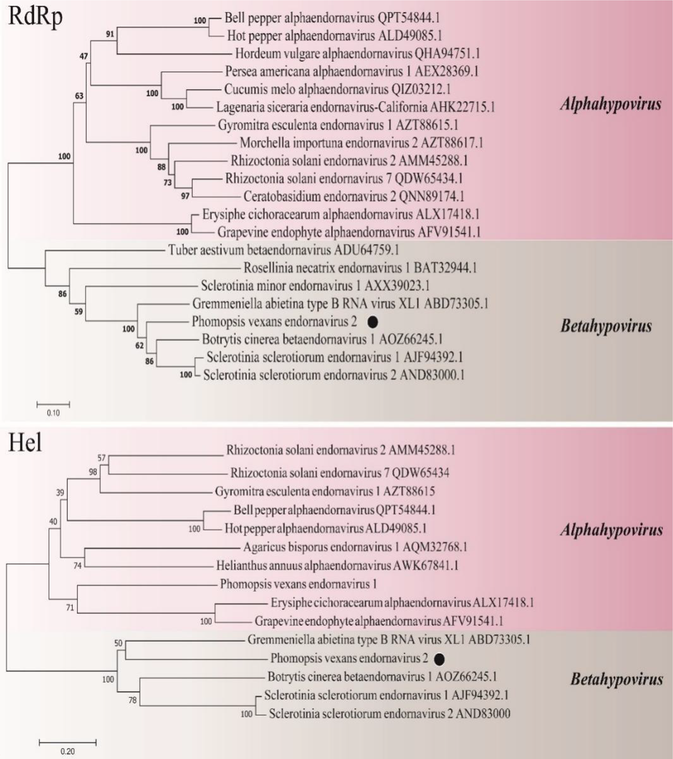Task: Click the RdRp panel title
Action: (x=35, y=17)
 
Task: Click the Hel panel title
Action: (x=25, y=443)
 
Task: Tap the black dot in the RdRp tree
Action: (x=372, y=322)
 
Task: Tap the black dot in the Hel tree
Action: (x=439, y=659)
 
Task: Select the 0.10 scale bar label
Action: (x=53, y=413)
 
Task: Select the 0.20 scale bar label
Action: (x=68, y=751)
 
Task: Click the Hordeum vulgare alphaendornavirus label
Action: (x=357, y=54)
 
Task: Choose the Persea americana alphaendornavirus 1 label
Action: (x=352, y=71)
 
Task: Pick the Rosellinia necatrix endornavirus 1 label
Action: (x=360, y=268)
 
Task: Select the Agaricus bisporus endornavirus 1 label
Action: (x=355, y=547)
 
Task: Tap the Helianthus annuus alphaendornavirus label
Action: (x=337, y=565)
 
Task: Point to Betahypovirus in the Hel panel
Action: (x=616, y=679)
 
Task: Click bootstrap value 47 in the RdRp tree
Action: (x=83, y=56)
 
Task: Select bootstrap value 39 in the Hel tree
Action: (x=60, y=492)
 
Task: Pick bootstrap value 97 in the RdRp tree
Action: (x=185, y=196)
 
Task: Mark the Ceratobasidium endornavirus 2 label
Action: (x=354, y=196)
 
